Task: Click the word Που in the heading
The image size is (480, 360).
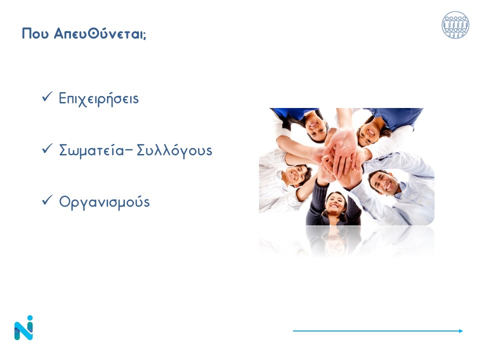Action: (35, 33)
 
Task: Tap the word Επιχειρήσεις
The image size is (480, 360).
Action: (98, 98)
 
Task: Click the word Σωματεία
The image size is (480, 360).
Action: (91, 150)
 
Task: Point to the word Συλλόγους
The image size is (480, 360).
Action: (174, 150)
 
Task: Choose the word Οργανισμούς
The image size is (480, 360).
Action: (104, 202)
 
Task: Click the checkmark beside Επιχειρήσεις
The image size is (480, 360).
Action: (47, 96)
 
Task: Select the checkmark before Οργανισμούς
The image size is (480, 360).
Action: (47, 200)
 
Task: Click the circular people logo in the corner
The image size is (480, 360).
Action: (455, 25)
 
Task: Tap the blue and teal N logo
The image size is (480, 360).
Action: (23, 328)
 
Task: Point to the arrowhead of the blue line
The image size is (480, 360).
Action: (461, 330)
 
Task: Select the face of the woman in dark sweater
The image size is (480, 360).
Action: (334, 203)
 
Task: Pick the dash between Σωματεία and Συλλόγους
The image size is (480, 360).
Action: (129, 150)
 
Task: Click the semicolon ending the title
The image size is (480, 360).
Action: (144, 35)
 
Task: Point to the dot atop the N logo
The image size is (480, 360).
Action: (29, 318)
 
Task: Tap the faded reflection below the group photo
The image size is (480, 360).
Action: (346, 241)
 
